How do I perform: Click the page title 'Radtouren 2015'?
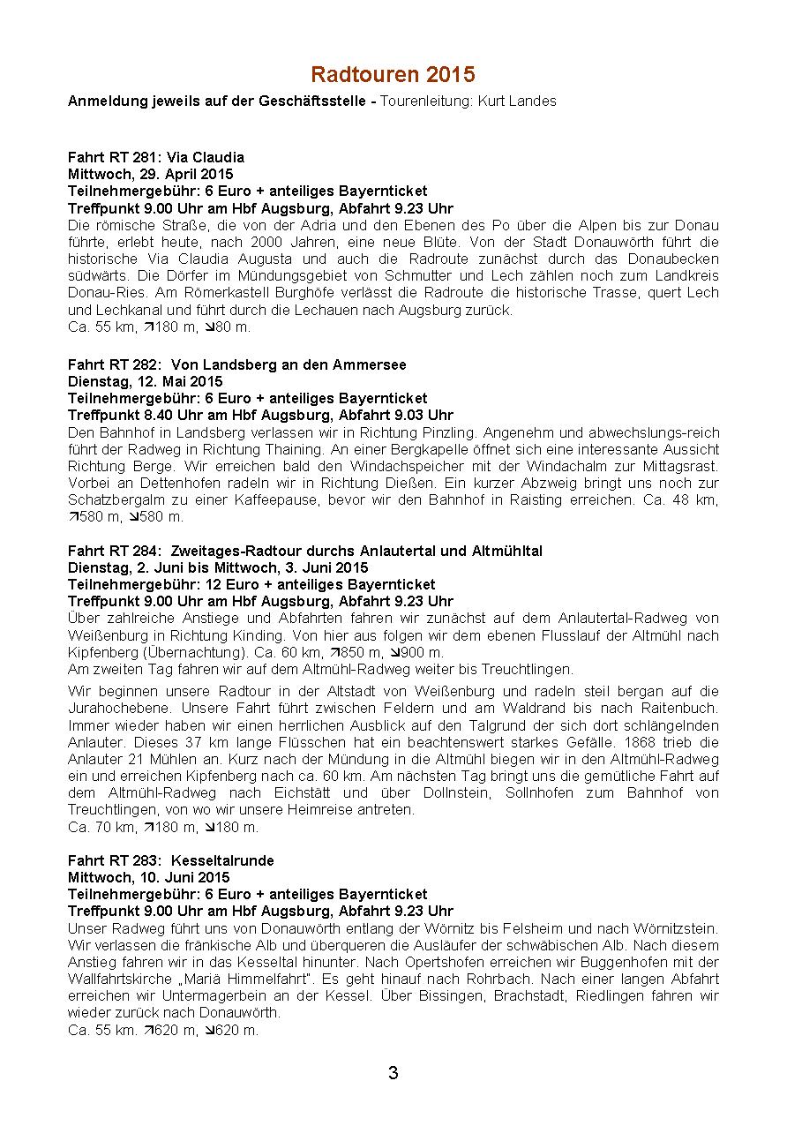[x=393, y=74]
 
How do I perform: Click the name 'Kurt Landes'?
[x=517, y=101]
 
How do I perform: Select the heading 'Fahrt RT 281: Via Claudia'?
[x=156, y=158]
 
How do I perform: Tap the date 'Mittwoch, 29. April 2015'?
[x=151, y=174]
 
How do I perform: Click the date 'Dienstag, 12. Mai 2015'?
[x=145, y=381]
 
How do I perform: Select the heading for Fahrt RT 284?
[x=304, y=551]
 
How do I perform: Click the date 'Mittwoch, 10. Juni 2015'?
[x=148, y=877]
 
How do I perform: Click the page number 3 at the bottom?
[x=393, y=1073]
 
